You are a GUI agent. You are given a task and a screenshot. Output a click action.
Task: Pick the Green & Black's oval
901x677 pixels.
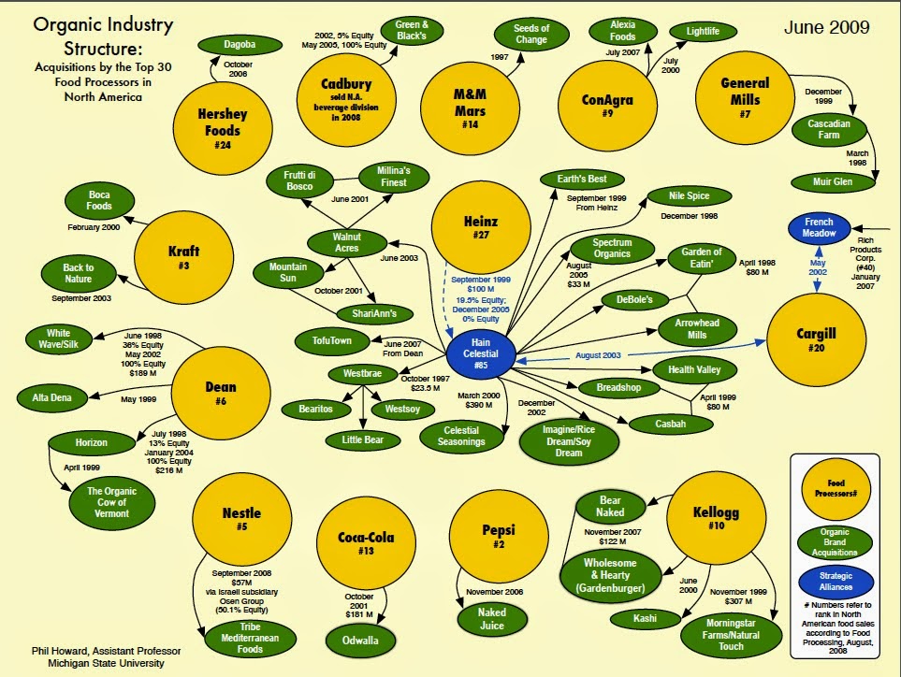point(413,31)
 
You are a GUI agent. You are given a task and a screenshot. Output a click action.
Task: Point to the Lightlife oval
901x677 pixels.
point(703,32)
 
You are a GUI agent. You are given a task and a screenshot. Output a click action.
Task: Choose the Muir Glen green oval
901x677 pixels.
point(830,181)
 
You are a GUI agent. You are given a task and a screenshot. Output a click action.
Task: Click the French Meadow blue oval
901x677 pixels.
point(819,228)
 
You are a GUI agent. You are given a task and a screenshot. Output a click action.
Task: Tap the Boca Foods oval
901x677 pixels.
point(98,200)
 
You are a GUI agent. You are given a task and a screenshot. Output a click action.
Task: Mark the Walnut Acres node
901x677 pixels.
point(346,242)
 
